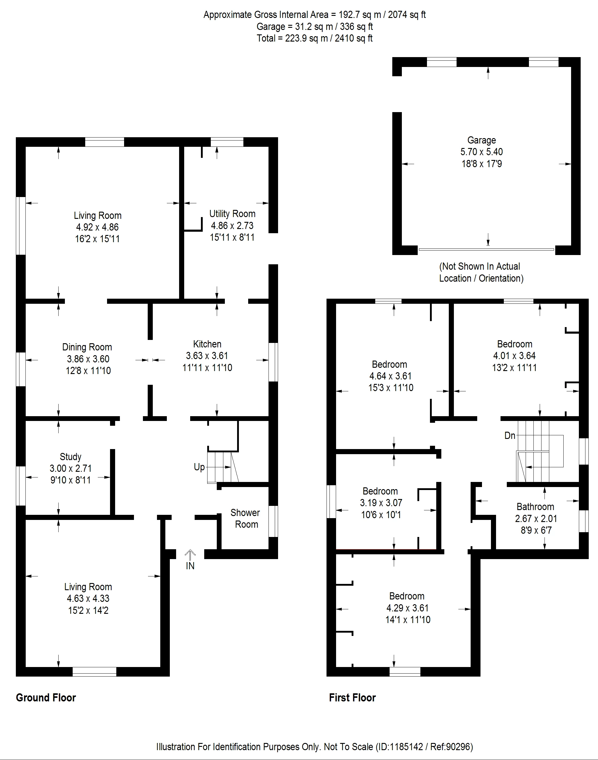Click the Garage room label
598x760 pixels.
(x=481, y=141)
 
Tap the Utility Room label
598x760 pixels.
(x=232, y=213)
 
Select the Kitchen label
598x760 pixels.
(x=207, y=344)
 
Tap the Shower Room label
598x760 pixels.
(x=246, y=518)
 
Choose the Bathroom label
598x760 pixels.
(x=535, y=506)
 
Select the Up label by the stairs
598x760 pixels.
(x=199, y=467)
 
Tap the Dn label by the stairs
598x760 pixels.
(x=510, y=436)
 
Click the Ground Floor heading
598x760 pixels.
(x=46, y=698)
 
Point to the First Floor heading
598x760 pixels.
(x=352, y=698)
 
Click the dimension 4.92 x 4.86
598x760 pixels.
(x=97, y=227)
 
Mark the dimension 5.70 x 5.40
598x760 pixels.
(x=481, y=152)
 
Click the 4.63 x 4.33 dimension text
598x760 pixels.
(x=88, y=598)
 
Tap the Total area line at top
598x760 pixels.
(x=315, y=38)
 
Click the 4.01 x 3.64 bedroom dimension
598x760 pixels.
(x=514, y=356)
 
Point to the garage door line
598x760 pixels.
(x=486, y=250)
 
